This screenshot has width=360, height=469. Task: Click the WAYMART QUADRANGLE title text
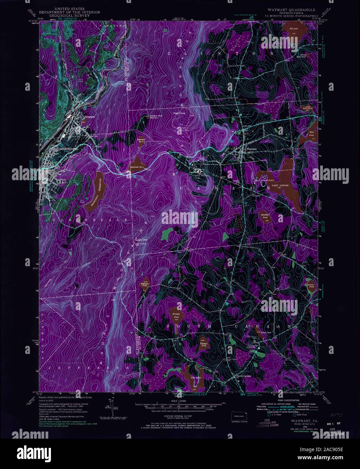292,10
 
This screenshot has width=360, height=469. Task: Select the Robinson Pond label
145,284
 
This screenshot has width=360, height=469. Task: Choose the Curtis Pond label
311,285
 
